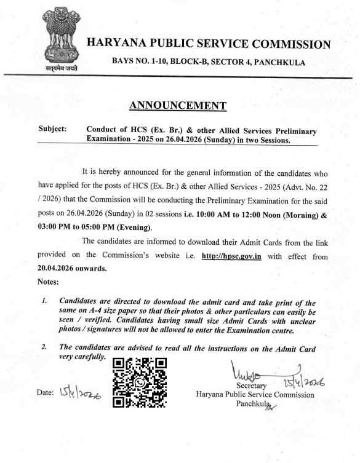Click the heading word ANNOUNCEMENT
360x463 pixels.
[x=178, y=105]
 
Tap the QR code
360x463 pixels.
[x=140, y=383]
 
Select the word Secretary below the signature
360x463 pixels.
[x=246, y=386]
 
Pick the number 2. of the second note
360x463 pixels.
[x=44, y=348]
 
